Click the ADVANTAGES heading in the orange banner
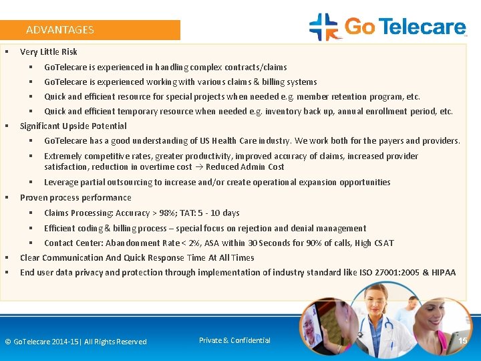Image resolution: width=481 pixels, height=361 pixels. (x=60, y=30)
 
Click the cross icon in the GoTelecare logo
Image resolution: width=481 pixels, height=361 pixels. (x=324, y=27)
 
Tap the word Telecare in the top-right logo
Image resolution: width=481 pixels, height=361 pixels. (x=423, y=27)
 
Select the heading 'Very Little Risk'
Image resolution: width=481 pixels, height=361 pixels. (x=49, y=52)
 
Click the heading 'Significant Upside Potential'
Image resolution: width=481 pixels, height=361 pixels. (x=73, y=126)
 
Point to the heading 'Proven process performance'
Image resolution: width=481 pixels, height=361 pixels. (x=75, y=198)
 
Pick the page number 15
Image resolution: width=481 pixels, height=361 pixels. (x=462, y=342)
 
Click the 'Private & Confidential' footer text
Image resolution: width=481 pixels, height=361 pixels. (x=234, y=341)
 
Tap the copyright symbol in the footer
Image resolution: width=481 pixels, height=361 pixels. (x=8, y=342)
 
